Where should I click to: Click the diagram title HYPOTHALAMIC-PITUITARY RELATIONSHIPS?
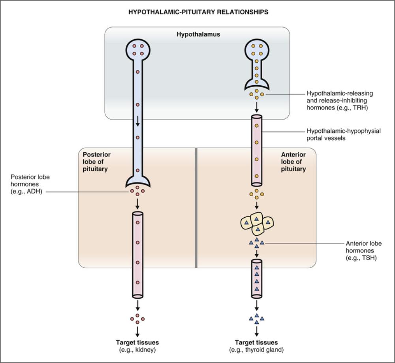198,12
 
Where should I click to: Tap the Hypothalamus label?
198,34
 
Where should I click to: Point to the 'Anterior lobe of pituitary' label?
293,162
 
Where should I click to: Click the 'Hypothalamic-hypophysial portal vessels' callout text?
343,135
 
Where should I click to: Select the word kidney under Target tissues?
143,350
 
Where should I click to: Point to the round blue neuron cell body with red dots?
137,49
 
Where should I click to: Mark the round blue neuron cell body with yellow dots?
256,49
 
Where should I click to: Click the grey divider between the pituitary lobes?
196,208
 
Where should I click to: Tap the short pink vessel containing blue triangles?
256,278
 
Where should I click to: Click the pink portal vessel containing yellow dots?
256,150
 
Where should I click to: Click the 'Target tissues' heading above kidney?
137,342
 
